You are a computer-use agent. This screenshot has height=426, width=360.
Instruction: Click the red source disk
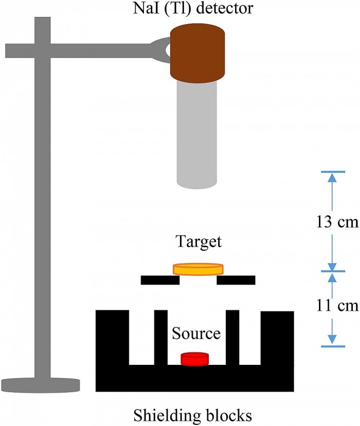click(x=194, y=359)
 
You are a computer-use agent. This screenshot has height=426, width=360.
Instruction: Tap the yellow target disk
click(x=198, y=269)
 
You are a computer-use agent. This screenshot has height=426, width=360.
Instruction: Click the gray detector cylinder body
click(x=197, y=134)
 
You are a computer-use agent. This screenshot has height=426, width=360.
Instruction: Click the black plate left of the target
click(x=160, y=280)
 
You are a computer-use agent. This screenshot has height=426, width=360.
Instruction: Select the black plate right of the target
click(x=236, y=280)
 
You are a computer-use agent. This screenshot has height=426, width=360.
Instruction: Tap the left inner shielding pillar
click(x=161, y=337)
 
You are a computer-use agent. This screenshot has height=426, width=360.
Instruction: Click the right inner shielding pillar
click(x=233, y=337)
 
